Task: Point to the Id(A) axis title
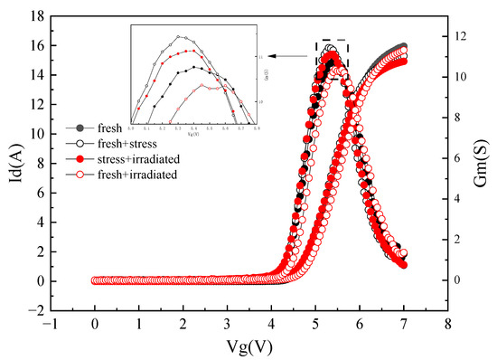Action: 14,162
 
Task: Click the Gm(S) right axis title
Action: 483,162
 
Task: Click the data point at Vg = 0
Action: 95,280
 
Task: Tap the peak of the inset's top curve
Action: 180,37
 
